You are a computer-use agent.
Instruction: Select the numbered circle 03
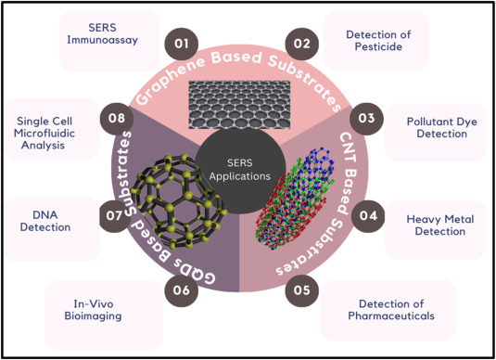click(x=367, y=119)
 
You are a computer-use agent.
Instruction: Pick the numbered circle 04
click(x=368, y=216)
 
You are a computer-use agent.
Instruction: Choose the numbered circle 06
click(x=181, y=289)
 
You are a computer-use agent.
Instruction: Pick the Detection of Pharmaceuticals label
click(x=389, y=309)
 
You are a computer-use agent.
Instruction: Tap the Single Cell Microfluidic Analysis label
click(x=50, y=132)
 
